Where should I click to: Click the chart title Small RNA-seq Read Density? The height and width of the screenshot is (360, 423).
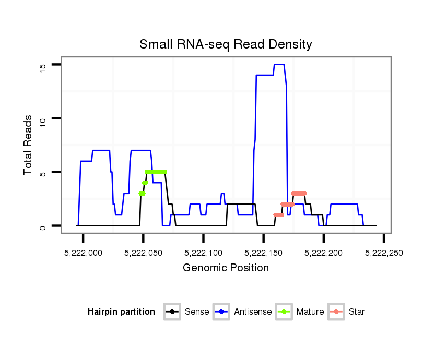point(226,44)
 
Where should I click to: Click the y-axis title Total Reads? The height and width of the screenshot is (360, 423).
point(29,145)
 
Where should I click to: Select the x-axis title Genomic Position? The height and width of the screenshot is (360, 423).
point(226,268)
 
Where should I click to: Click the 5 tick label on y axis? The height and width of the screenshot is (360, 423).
point(43,172)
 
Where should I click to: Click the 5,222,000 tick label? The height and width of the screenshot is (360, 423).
point(83,253)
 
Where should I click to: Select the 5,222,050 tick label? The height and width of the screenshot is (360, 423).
point(143,253)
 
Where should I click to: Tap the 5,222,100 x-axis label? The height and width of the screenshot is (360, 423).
point(203,253)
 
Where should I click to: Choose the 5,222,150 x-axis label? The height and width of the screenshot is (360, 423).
point(263,253)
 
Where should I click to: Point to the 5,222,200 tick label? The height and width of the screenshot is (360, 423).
point(323,253)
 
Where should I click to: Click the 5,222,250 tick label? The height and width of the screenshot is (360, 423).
point(383,253)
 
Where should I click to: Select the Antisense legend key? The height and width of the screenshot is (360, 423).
point(221,312)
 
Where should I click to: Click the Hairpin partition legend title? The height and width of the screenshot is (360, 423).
point(121,312)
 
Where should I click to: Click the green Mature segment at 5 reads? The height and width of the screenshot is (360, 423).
point(156,172)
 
